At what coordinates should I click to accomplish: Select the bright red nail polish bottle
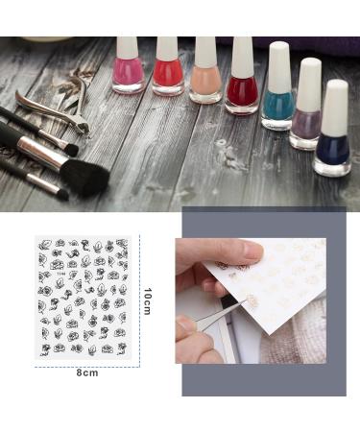(x=167, y=78)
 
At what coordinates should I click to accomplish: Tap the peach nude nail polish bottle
(x=204, y=84)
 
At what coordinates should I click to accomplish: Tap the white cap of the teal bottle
(x=279, y=66)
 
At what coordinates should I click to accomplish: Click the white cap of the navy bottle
(x=335, y=106)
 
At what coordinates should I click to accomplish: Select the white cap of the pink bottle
(x=129, y=49)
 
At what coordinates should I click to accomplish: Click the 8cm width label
(x=87, y=372)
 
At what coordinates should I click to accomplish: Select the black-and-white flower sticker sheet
(x=84, y=297)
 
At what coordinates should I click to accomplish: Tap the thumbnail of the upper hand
(x=248, y=251)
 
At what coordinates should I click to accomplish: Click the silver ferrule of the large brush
(x=37, y=149)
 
